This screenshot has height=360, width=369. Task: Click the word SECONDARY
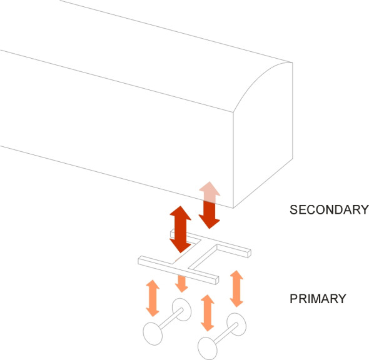click(329, 209)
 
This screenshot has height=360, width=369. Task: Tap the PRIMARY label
click(318, 299)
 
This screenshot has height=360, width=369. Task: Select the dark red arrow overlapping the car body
click(210, 205)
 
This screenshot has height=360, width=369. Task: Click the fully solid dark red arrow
click(181, 229)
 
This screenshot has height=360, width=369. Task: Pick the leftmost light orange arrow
click(153, 298)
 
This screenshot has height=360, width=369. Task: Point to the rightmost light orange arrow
click(236, 289)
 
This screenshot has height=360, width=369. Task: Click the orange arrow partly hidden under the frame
click(181, 283)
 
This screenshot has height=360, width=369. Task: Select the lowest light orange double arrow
click(207, 313)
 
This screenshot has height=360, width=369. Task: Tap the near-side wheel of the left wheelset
click(153, 334)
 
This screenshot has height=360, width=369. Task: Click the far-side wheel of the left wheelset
click(181, 309)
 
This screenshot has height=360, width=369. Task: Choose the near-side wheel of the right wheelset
click(207, 348)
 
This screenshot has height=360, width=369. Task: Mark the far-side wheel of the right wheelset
click(236, 324)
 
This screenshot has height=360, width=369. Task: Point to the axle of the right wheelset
click(225, 334)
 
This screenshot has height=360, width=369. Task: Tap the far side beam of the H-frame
click(211, 243)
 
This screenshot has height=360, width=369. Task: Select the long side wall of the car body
click(116, 128)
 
